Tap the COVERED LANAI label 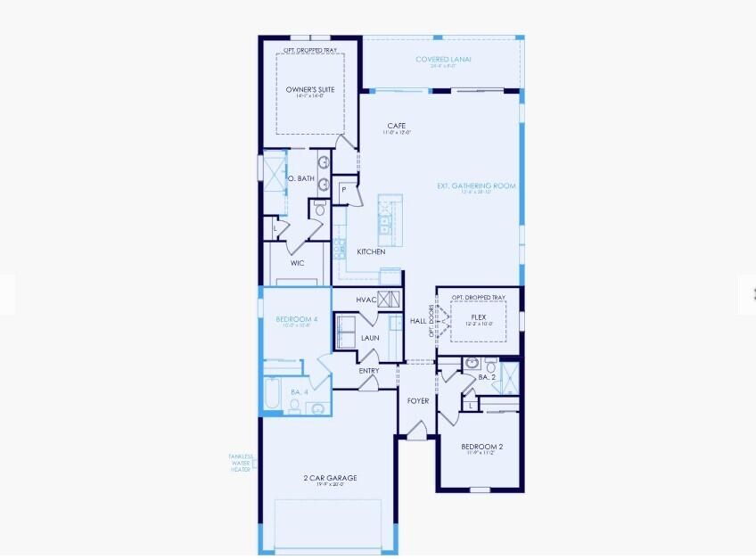[443, 60]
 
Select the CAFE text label [398, 126]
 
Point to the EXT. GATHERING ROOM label [476, 185]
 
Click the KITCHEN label [371, 252]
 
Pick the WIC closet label [298, 263]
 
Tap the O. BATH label [300, 179]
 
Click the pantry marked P [343, 189]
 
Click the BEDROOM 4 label [291, 319]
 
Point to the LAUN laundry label [370, 338]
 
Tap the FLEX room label [478, 316]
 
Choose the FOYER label [418, 400]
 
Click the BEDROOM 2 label [482, 446]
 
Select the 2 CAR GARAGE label [329, 478]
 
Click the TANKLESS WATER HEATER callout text [241, 463]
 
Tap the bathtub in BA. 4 [273, 391]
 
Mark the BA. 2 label [486, 377]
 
